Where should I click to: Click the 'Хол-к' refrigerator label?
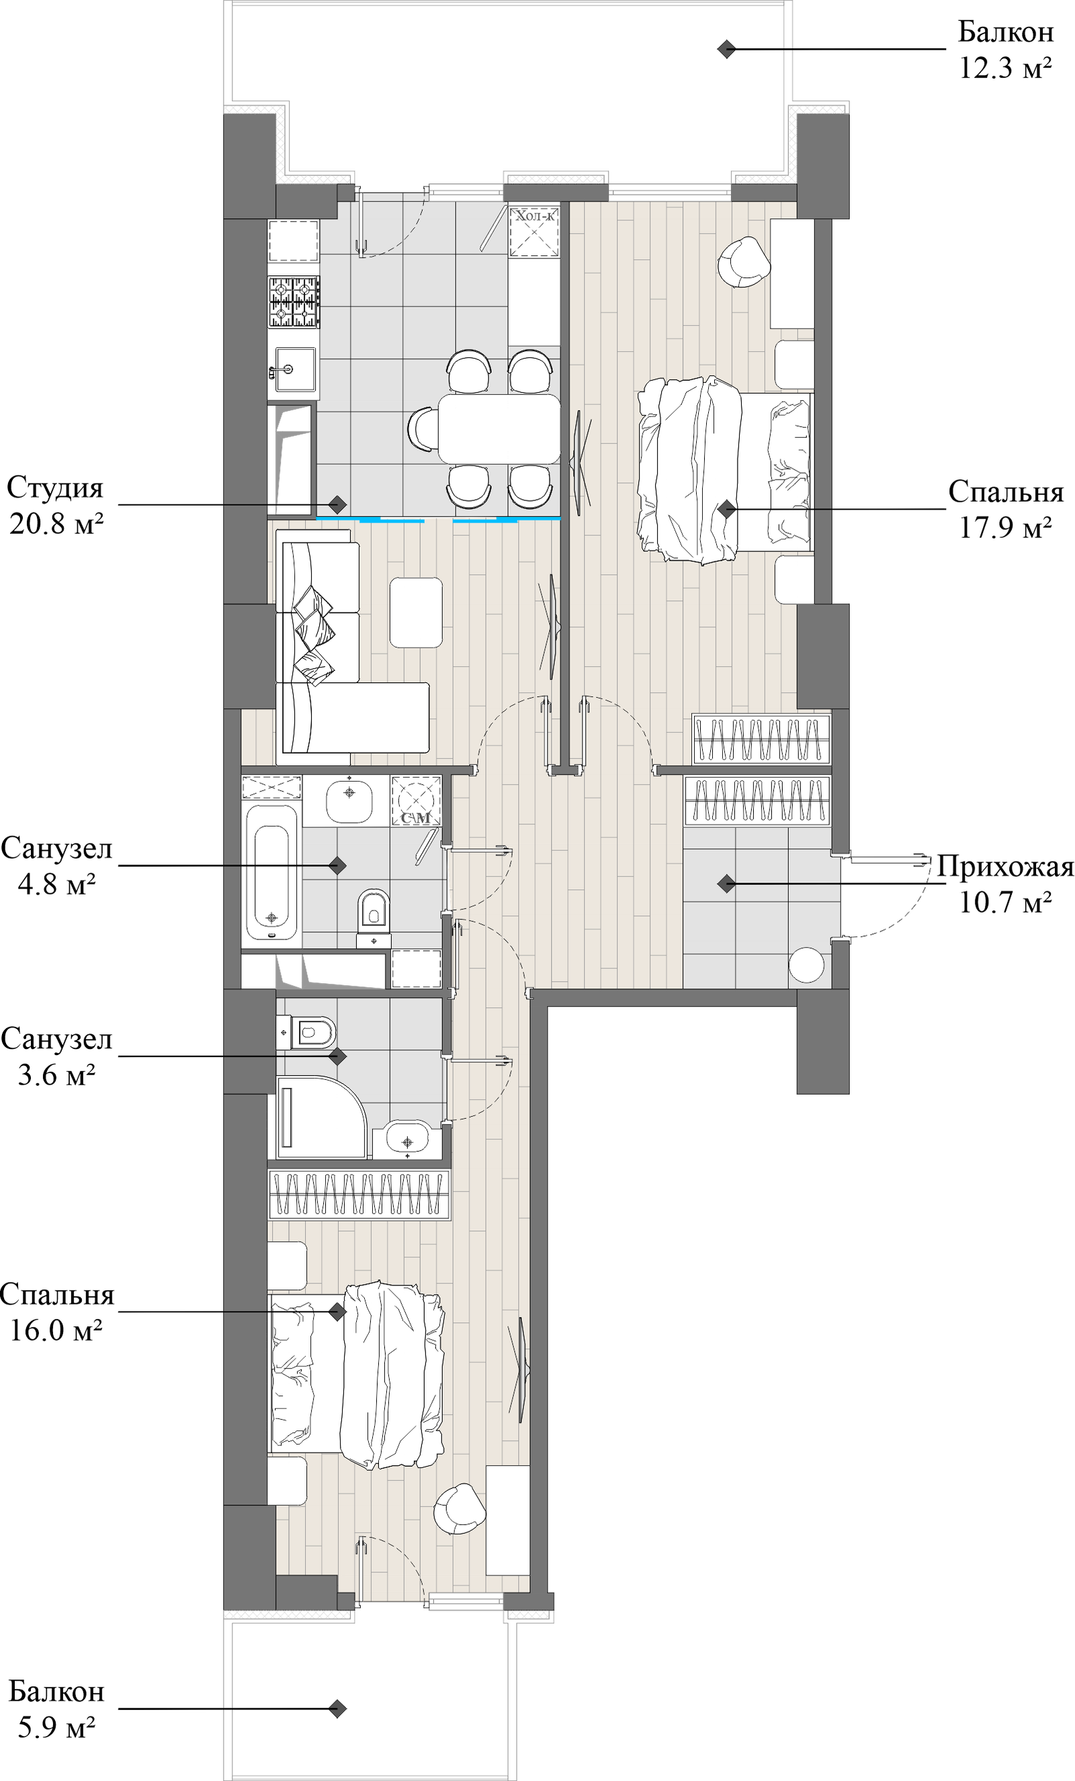click(534, 215)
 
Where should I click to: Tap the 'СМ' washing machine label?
click(416, 817)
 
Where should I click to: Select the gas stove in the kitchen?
click(294, 303)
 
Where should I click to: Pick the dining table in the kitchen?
click(499, 428)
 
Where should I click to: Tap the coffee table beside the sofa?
click(416, 612)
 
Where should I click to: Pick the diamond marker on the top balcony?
click(726, 50)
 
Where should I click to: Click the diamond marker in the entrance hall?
click(726, 882)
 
